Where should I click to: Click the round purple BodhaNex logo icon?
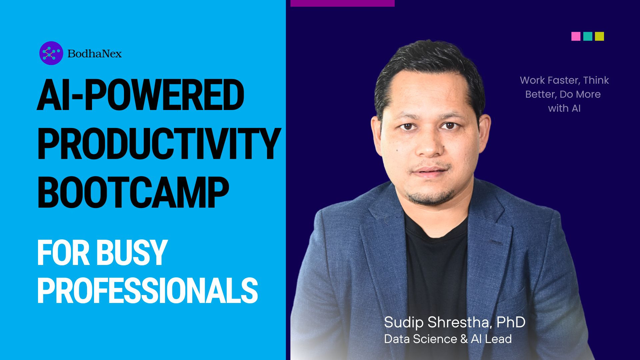[51, 53]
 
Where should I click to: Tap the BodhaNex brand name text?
[95, 53]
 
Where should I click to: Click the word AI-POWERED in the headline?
[140, 96]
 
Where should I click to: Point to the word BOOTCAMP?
[133, 192]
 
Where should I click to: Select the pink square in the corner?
[576, 36]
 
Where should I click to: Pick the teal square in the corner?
[588, 36]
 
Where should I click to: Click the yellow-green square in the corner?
[599, 36]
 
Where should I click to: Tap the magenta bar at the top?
[342, 3]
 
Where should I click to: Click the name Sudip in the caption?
[404, 322]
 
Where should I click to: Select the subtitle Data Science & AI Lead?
[448, 339]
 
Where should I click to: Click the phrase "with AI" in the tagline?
[564, 108]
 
